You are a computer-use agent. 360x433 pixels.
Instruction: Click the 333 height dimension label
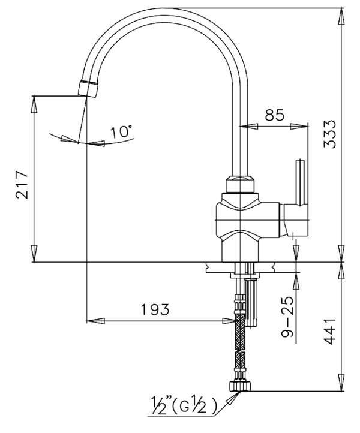[330, 134]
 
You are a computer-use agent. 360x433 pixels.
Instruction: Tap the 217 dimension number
[22, 185]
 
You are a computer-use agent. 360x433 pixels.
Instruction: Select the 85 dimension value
[274, 115]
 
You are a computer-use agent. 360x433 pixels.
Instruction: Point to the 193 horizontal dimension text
[155, 309]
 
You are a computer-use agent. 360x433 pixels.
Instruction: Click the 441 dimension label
[330, 332]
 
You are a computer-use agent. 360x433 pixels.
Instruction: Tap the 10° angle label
[121, 131]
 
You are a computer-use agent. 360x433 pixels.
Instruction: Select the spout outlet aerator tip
[88, 88]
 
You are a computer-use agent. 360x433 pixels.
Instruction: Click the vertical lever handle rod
[301, 182]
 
